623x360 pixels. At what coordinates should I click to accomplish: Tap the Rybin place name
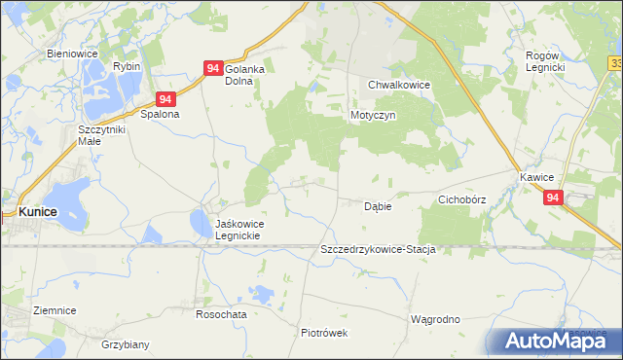point(126,65)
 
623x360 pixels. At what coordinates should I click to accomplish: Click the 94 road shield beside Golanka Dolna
point(213,68)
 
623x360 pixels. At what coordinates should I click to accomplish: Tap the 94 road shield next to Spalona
point(166,99)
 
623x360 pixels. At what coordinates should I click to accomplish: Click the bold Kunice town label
point(38,211)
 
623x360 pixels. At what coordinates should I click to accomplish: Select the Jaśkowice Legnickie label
point(239,230)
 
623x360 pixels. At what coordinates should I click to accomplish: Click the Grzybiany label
point(126,344)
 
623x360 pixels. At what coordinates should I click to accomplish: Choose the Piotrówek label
point(324,332)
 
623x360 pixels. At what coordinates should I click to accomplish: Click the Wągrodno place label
point(435,318)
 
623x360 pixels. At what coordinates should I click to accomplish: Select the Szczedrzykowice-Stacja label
point(377,250)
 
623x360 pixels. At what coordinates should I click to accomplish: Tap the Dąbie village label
point(378,206)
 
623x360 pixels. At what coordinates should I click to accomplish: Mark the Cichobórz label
point(461,198)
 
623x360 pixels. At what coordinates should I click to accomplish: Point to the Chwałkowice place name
point(399,85)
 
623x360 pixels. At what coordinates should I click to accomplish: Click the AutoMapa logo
point(555,341)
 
